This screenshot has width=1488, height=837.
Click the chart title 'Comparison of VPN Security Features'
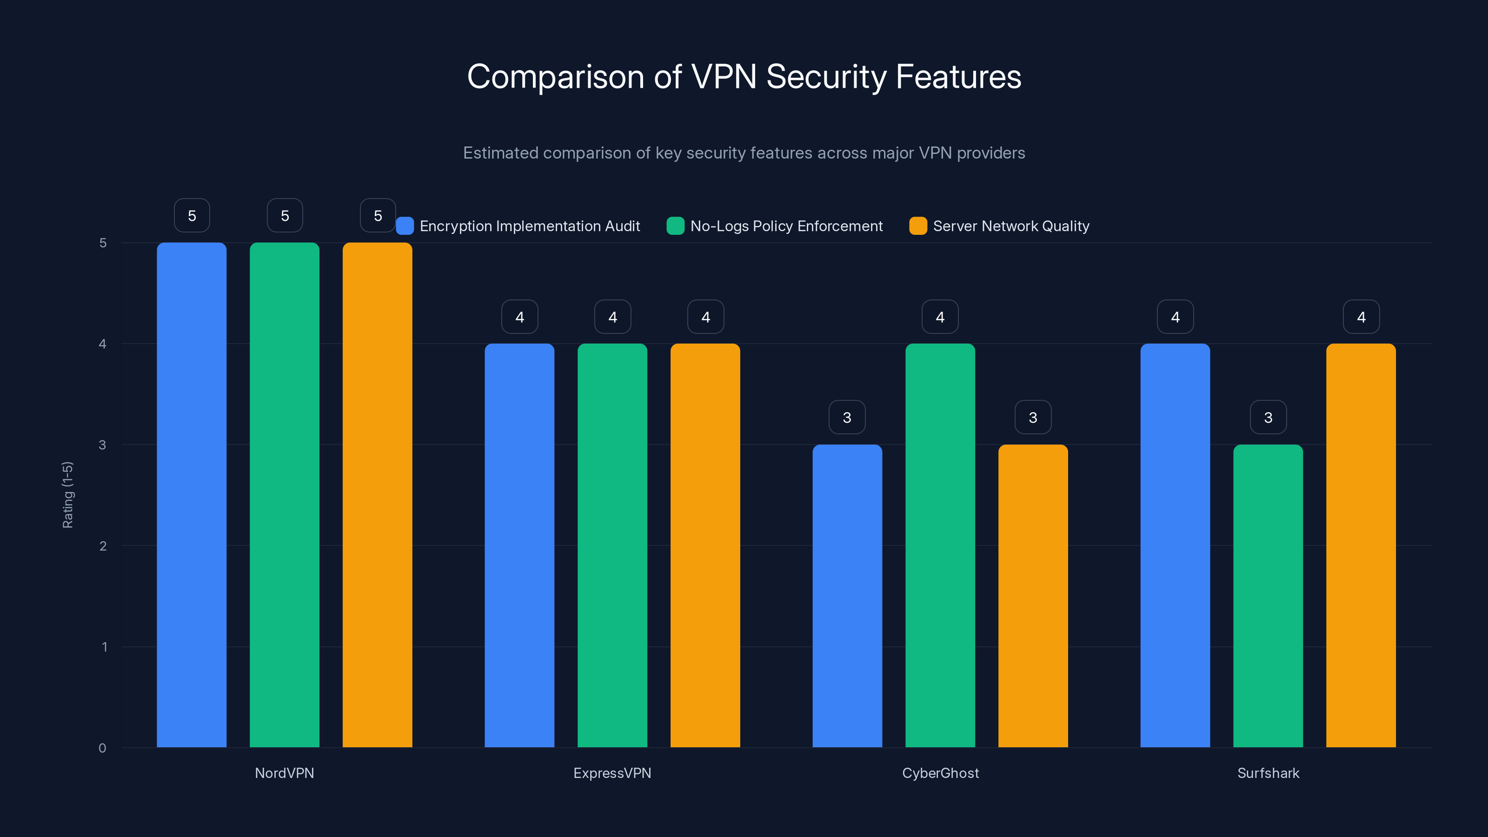tap(744, 77)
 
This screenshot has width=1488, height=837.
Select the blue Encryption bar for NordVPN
tap(192, 494)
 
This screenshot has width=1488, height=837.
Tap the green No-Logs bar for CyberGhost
tap(940, 545)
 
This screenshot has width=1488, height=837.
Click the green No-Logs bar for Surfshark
tap(1268, 596)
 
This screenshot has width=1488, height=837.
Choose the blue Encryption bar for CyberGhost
tap(847, 596)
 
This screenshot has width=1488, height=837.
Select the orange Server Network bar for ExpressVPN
tap(705, 545)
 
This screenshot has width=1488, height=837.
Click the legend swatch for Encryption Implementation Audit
tap(405, 226)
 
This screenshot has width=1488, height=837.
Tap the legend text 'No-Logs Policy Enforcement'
tap(786, 226)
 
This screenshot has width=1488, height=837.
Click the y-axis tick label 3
tap(103, 445)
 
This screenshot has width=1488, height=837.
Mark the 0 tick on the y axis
tap(103, 748)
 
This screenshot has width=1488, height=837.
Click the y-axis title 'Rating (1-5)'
tap(67, 494)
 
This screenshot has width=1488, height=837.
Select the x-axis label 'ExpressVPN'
tap(612, 773)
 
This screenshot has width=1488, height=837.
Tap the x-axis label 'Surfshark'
tap(1268, 773)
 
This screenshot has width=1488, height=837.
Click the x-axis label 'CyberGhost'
tap(940, 773)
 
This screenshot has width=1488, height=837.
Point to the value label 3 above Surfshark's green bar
tap(1268, 417)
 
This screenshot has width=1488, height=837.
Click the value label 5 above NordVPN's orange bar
tap(378, 215)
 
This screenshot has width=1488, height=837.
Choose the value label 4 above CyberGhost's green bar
tap(940, 317)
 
